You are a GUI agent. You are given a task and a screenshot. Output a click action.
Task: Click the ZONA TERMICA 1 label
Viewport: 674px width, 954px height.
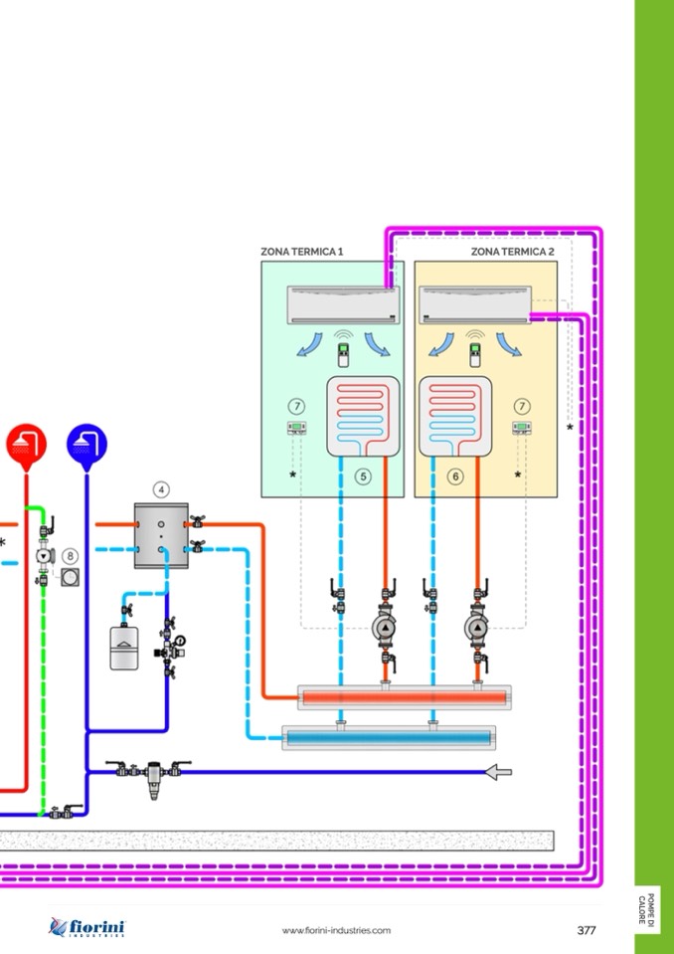pos(302,253)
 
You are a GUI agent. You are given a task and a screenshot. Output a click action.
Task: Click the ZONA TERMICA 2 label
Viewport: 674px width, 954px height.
pos(513,253)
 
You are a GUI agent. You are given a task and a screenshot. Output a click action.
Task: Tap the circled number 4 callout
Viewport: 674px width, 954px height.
pos(161,489)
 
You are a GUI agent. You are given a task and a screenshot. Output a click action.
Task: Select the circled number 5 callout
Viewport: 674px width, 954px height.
pos(364,477)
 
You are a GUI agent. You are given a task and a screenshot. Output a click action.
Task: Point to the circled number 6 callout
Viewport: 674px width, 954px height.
pos(455,477)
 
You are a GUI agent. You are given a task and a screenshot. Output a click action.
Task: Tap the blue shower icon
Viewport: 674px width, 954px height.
pos(86,443)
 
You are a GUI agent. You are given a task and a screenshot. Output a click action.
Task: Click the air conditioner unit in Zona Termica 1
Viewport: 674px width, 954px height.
pos(341,304)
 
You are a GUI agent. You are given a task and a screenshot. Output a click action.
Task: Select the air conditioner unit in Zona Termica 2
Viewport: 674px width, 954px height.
pos(475,304)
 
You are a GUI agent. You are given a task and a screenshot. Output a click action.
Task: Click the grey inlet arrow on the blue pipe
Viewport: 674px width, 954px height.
pos(496,771)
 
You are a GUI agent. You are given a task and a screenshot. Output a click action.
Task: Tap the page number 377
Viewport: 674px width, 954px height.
pos(587,930)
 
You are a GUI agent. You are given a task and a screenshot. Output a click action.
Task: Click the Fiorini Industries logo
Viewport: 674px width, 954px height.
pos(87,928)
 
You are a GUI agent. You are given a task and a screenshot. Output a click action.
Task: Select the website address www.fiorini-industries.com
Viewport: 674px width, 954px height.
pos(336,930)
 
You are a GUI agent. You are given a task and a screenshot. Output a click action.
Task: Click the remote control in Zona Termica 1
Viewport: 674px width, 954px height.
pos(344,356)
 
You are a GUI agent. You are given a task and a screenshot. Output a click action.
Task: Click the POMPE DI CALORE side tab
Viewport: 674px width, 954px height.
pos(647,907)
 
